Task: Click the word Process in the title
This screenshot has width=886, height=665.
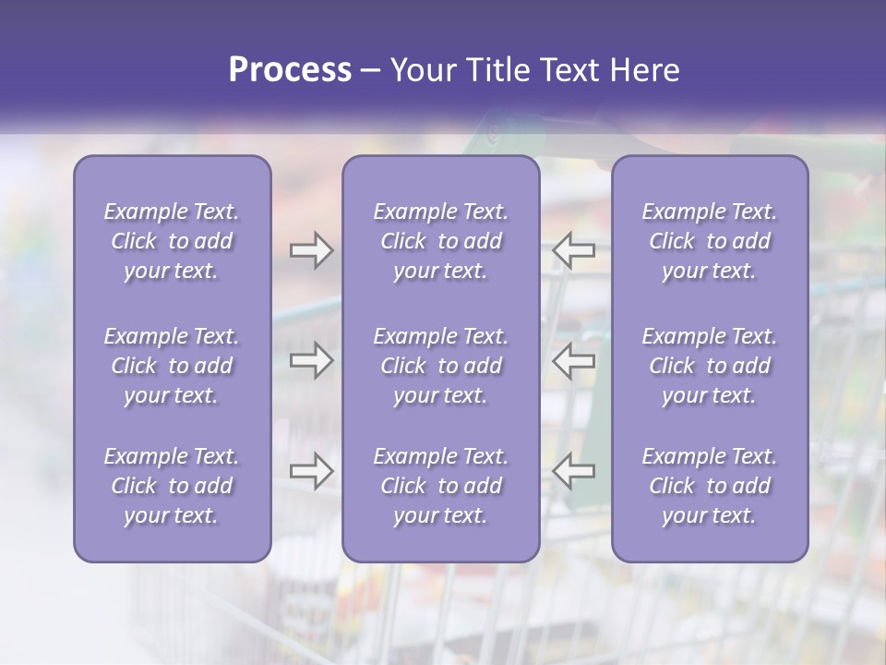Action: point(290,70)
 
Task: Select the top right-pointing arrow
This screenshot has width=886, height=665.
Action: point(311,250)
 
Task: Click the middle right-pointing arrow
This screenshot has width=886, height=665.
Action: point(311,360)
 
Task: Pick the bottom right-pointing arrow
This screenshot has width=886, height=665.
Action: point(311,471)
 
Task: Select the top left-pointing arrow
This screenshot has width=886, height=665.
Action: point(574,250)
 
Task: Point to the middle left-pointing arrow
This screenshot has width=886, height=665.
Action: point(574,360)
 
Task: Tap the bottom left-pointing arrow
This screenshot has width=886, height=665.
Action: point(574,471)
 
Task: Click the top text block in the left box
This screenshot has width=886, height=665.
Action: point(172,241)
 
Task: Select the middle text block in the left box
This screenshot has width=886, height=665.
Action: point(172,366)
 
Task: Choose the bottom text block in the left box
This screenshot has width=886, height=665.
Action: point(172,486)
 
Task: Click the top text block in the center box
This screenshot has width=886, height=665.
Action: point(441,241)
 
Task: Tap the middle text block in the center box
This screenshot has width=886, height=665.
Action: point(441,366)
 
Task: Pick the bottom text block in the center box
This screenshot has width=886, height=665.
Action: point(441,486)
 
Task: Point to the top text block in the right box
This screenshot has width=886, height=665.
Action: point(710,241)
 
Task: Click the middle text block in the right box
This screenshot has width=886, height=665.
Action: point(710,366)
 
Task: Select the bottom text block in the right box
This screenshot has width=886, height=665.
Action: point(710,486)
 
